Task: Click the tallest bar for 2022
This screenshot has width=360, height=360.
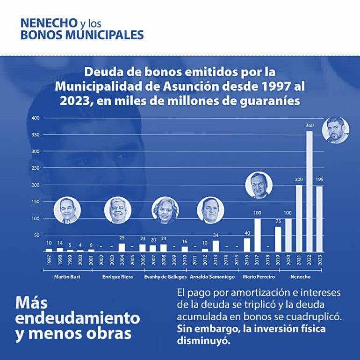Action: (309, 192)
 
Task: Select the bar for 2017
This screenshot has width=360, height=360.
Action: (257, 235)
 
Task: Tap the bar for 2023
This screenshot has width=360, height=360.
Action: (319, 219)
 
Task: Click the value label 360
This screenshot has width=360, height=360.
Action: (309, 126)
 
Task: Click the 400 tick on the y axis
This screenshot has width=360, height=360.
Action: (35, 118)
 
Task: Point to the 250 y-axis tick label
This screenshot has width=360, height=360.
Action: (35, 168)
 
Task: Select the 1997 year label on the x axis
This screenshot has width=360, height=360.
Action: (49, 260)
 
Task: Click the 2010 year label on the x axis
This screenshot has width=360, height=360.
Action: (185, 260)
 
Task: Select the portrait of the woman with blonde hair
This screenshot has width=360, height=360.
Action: (165, 210)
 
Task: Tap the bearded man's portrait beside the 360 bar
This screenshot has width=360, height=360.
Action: (336, 130)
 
